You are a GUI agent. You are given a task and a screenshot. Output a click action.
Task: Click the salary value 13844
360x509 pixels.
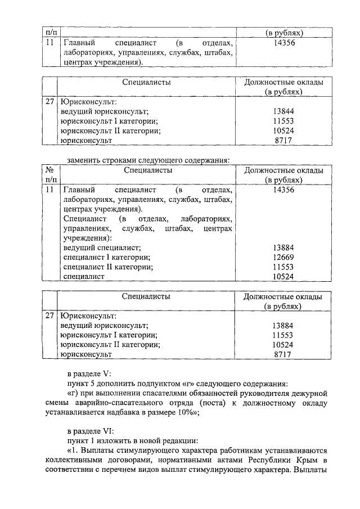283,112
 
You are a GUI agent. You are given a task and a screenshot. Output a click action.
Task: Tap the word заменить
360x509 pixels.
84,159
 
